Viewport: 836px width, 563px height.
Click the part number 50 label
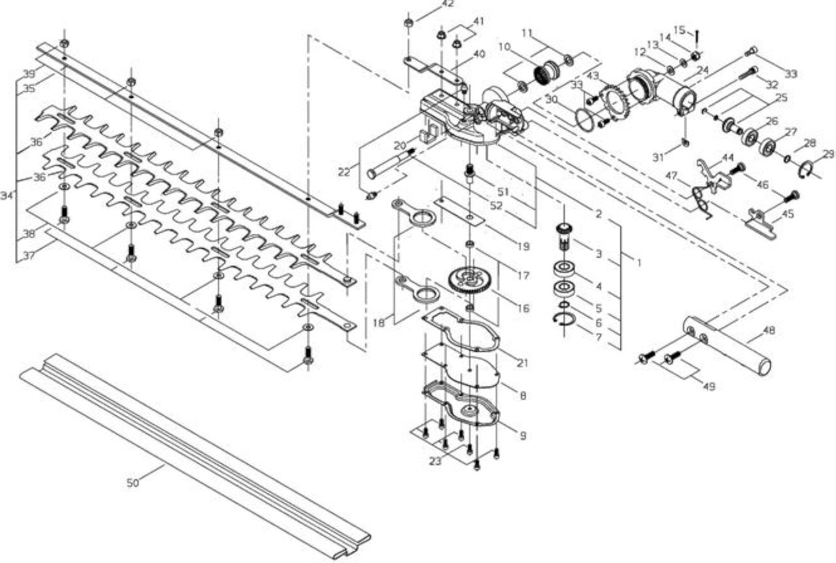tap(133, 483)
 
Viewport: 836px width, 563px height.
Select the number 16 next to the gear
tap(524, 308)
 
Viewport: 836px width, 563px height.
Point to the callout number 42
tap(447, 4)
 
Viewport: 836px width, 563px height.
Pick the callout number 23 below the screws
tap(435, 462)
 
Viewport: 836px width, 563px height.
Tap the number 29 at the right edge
tap(828, 154)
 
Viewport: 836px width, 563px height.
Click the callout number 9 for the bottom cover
tap(523, 436)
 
